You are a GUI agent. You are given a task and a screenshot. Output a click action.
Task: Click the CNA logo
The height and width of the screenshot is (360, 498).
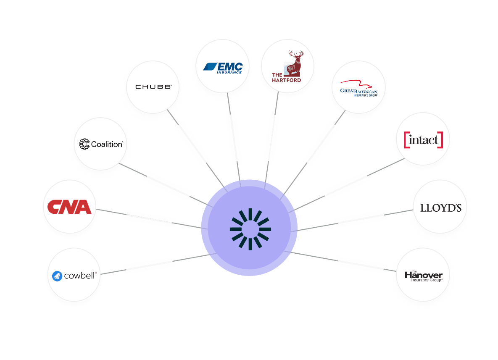(x=69, y=207)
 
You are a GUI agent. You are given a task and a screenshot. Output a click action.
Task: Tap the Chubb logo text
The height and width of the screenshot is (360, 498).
(x=153, y=87)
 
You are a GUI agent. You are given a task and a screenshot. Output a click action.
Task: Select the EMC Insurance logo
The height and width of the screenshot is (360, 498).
(x=223, y=67)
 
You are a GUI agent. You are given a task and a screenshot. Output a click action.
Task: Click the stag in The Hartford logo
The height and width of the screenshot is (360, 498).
(x=295, y=62)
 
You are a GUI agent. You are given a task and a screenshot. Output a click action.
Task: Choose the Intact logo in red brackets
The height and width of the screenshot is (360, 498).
(x=423, y=140)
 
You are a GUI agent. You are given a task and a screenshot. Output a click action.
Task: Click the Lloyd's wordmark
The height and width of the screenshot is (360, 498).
(x=440, y=208)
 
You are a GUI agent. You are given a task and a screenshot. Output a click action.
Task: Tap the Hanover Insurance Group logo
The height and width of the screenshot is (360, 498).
(x=423, y=276)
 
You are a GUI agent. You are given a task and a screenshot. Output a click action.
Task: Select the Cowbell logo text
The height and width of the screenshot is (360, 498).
(x=80, y=276)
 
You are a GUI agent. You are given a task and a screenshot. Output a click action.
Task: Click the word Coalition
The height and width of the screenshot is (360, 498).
(x=107, y=144)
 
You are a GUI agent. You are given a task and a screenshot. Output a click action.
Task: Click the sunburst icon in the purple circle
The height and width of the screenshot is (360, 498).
(x=250, y=229)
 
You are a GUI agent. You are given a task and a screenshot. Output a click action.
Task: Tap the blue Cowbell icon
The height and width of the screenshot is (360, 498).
(x=58, y=276)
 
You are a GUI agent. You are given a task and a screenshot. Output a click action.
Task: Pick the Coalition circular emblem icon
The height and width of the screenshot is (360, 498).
(x=84, y=144)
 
